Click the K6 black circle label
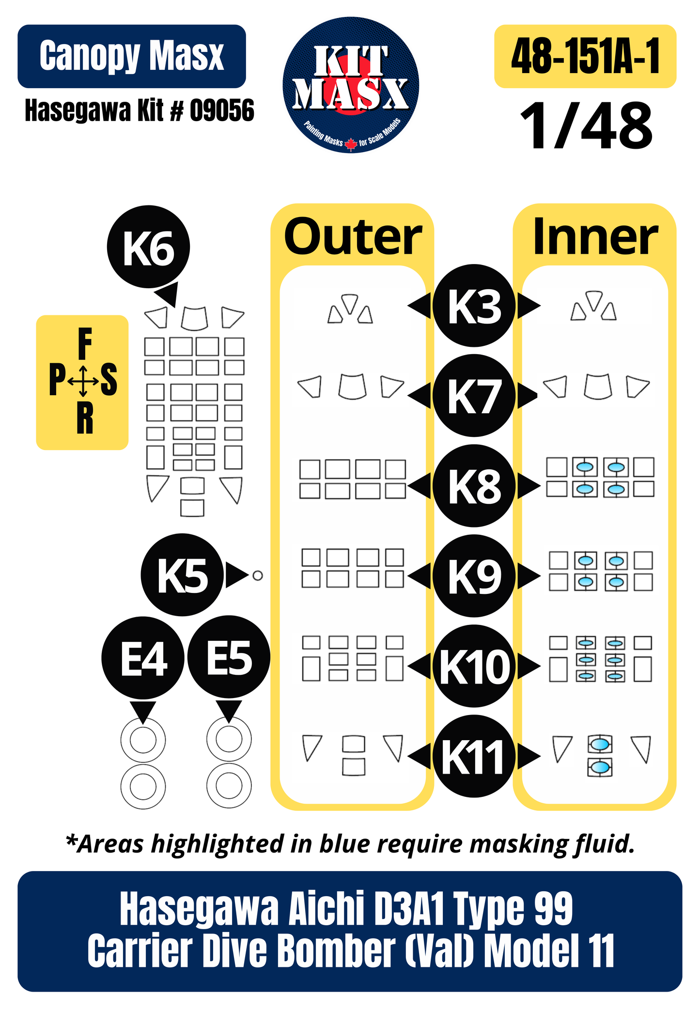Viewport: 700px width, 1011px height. [148, 248]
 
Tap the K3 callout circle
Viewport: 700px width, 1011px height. [474, 306]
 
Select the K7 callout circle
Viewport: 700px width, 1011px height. [474, 396]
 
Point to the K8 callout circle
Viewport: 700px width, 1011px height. [474, 486]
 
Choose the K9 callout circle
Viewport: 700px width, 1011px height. [474, 576]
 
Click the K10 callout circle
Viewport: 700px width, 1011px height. [474, 666]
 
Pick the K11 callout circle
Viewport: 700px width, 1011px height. [474, 756]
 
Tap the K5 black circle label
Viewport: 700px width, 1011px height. [183, 575]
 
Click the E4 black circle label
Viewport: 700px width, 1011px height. [143, 657]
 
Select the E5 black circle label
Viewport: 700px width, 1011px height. [229, 657]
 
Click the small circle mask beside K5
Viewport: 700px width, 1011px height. [258, 575]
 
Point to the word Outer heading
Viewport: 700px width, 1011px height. [353, 237]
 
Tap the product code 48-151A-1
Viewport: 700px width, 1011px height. [586, 56]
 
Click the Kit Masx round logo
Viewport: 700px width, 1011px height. [351, 85]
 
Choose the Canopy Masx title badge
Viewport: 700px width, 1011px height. [132, 56]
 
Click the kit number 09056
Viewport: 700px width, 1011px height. [222, 110]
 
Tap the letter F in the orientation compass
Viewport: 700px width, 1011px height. [85, 343]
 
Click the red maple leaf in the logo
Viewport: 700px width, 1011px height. [351, 144]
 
